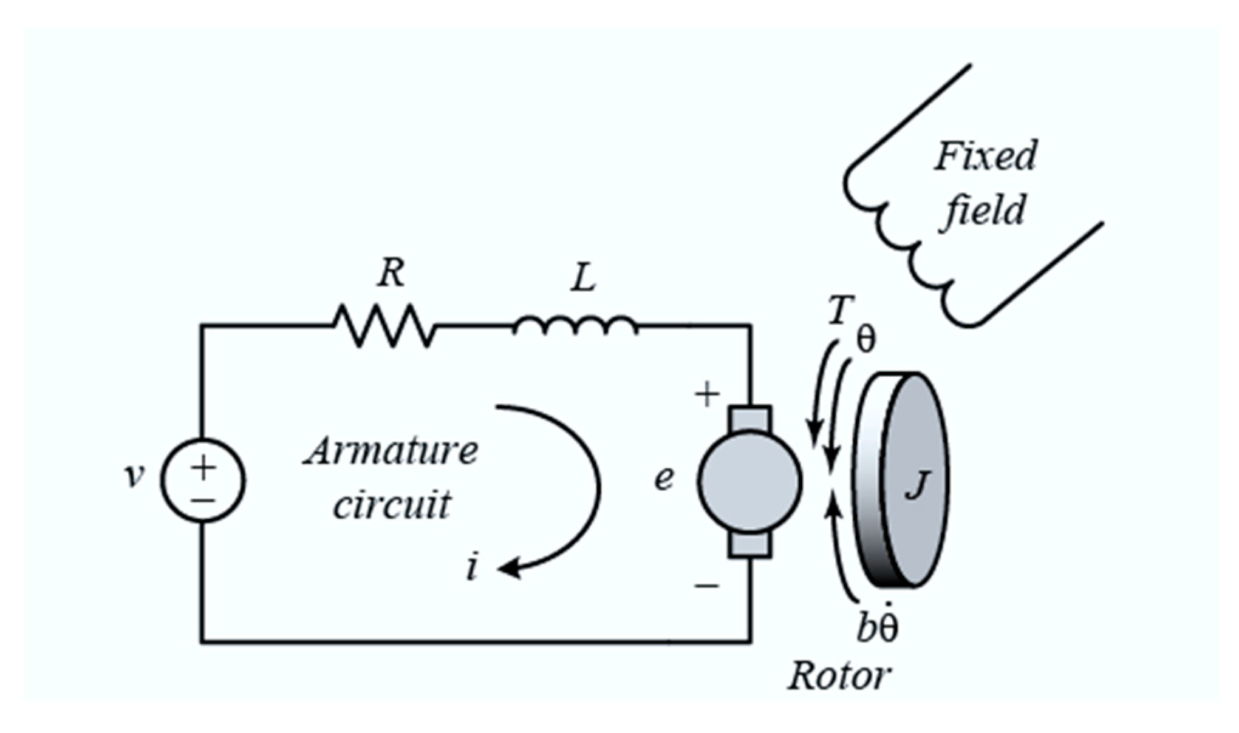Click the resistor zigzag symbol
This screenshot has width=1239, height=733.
click(384, 326)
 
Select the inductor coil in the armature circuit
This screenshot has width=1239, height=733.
click(575, 326)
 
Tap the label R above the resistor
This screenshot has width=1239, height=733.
click(390, 274)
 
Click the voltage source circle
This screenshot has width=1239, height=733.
click(203, 479)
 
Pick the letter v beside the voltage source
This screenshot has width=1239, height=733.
click(134, 476)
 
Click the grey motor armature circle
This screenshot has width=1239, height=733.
click(750, 481)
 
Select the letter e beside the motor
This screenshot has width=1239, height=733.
click(664, 478)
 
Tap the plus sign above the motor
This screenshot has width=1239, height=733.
click(707, 395)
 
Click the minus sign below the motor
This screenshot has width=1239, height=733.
click(707, 586)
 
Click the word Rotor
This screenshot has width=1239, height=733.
click(839, 676)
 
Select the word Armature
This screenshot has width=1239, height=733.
click(391, 451)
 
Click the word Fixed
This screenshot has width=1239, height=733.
click(985, 157)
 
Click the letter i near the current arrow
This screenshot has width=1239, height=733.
click(472, 568)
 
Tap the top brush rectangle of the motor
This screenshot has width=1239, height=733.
click(751, 418)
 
